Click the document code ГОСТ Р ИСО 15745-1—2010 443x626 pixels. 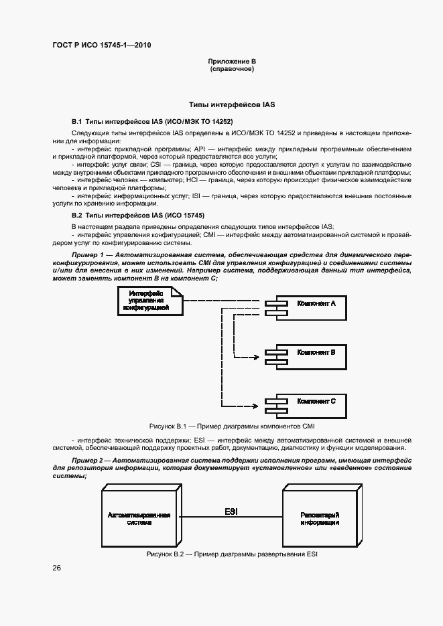tap(101, 46)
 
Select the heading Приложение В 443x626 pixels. tap(232, 62)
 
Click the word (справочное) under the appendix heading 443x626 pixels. tap(232, 69)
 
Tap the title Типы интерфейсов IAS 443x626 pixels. tap(232, 105)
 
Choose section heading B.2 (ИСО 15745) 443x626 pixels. tap(138, 216)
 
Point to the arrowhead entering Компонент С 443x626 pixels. tap(255, 405)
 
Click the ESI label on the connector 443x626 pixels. tap(231, 512)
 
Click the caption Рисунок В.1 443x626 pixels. tap(231, 426)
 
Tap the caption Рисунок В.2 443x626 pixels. tap(231, 555)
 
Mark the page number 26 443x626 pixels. tap(57, 568)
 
